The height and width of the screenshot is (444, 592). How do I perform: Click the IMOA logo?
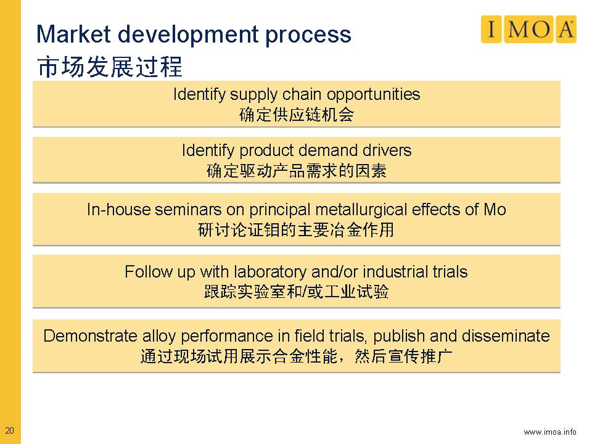point(528,29)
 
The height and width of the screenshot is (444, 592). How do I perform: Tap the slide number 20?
point(9,430)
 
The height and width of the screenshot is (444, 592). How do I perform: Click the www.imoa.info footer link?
point(549,432)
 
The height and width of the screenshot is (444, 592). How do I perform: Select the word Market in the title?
point(73,34)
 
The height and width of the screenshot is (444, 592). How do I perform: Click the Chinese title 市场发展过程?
point(110,67)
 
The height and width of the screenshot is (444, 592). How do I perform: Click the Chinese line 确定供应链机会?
point(297,115)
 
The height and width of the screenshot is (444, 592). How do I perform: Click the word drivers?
point(387,150)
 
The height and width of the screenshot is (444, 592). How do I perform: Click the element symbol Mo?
point(495,210)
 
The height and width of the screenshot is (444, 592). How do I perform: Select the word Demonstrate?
point(90,335)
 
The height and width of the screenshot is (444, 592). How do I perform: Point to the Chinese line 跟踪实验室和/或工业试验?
point(297,292)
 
